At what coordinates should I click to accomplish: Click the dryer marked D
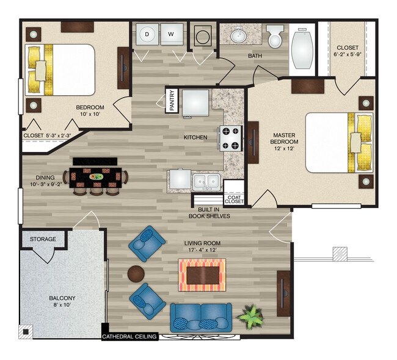pos(147,34)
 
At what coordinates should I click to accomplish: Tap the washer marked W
pos(172,34)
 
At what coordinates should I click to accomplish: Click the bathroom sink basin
pos(238,35)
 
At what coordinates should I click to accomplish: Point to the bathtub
pos(302,49)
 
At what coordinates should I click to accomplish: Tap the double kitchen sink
pos(206,182)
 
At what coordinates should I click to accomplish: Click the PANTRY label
pos(172,100)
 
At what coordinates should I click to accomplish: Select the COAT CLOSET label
pos(234,200)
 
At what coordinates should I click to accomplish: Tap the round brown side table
pos(136,274)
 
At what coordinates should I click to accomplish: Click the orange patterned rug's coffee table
pos(203,275)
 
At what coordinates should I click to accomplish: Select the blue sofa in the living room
pos(201,317)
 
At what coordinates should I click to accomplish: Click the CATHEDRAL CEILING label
pos(129,336)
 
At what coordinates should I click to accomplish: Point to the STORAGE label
pos(43,239)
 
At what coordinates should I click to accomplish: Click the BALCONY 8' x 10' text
pos(62,301)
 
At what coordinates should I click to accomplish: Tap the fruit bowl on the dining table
pos(97,176)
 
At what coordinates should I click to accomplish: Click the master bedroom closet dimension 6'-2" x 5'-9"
pos(348,54)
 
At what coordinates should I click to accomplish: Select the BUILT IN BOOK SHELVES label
pos(209,213)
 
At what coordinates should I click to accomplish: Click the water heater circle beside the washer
pos(203,36)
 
